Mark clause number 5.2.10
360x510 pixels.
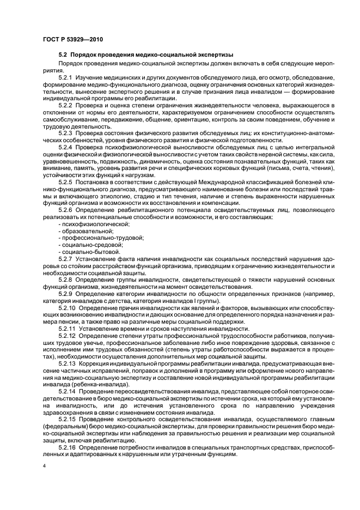tap(68, 308)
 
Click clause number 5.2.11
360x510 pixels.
tap(68, 329)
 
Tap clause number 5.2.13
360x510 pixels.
tap(68, 362)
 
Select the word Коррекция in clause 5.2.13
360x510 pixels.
tap(96, 362)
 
